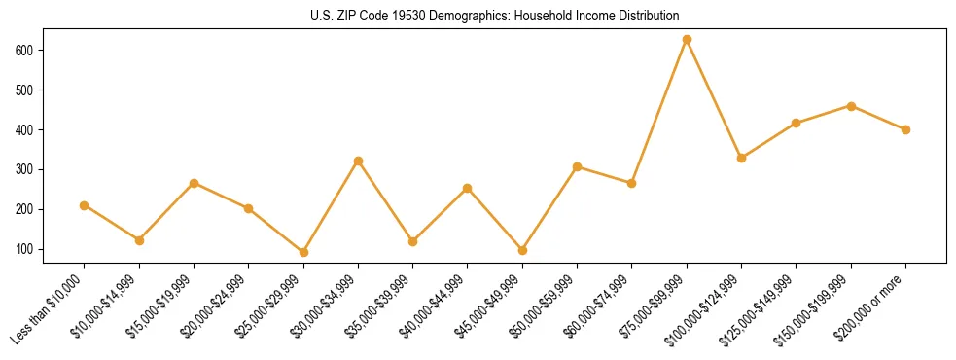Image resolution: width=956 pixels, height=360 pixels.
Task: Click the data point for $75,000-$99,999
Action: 687,40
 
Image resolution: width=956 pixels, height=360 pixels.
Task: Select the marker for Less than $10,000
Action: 85,205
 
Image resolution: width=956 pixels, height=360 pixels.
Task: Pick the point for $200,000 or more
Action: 905,129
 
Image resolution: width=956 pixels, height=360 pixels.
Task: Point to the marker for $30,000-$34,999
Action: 358,161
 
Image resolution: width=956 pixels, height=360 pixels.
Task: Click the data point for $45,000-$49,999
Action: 522,250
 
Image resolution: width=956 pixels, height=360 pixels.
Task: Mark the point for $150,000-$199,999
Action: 851,106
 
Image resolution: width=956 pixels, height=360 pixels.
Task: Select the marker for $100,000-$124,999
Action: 741,158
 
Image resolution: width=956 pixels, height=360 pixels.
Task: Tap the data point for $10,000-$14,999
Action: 139,240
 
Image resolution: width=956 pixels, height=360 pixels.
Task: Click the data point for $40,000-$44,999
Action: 468,188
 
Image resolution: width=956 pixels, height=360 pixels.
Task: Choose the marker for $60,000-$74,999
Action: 632,183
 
